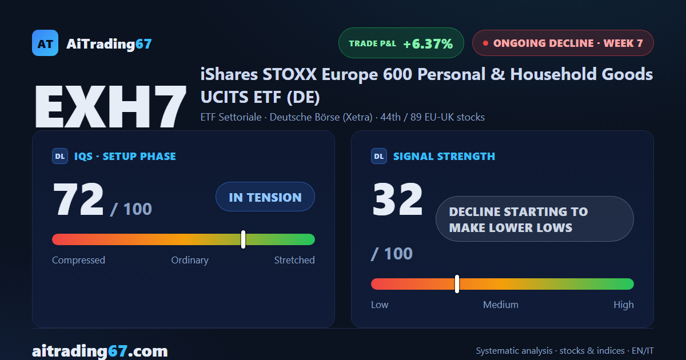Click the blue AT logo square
click(x=45, y=43)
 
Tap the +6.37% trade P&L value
click(x=428, y=44)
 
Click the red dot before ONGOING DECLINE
click(x=485, y=43)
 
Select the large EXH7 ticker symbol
click(x=110, y=106)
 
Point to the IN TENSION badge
click(x=265, y=197)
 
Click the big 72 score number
click(x=78, y=199)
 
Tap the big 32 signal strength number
click(x=397, y=199)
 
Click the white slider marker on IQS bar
click(x=243, y=239)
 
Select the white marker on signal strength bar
click(x=457, y=284)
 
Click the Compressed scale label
click(x=78, y=260)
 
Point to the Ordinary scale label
click(x=190, y=260)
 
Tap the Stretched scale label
click(x=294, y=260)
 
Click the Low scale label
click(x=380, y=305)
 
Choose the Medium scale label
click(x=501, y=305)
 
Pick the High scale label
click(x=624, y=305)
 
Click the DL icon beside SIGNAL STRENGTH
click(x=379, y=156)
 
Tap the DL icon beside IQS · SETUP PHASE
click(x=60, y=156)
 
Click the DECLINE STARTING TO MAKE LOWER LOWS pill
click(x=535, y=219)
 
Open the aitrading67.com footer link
click(x=100, y=351)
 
